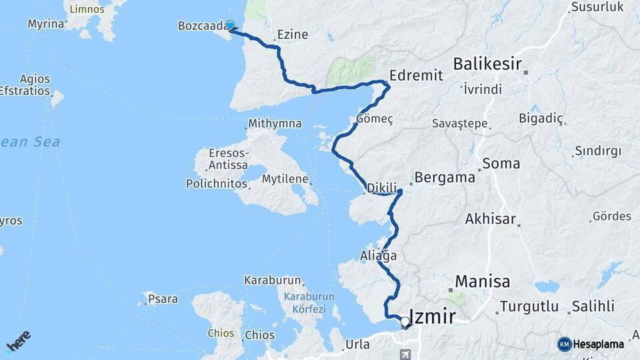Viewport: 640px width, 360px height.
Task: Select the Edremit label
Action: [416, 75]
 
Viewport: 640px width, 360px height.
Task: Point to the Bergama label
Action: [445, 178]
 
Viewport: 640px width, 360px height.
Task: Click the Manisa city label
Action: [483, 281]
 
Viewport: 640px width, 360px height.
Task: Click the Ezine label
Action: [292, 35]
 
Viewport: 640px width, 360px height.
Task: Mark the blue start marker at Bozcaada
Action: [230, 26]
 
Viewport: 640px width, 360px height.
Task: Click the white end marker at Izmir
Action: [405, 323]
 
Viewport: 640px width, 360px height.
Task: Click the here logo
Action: [18, 340]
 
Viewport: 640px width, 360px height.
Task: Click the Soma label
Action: [496, 163]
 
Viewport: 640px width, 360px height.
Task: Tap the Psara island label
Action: [163, 299]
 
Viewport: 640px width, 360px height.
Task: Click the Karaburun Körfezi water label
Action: [304, 303]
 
